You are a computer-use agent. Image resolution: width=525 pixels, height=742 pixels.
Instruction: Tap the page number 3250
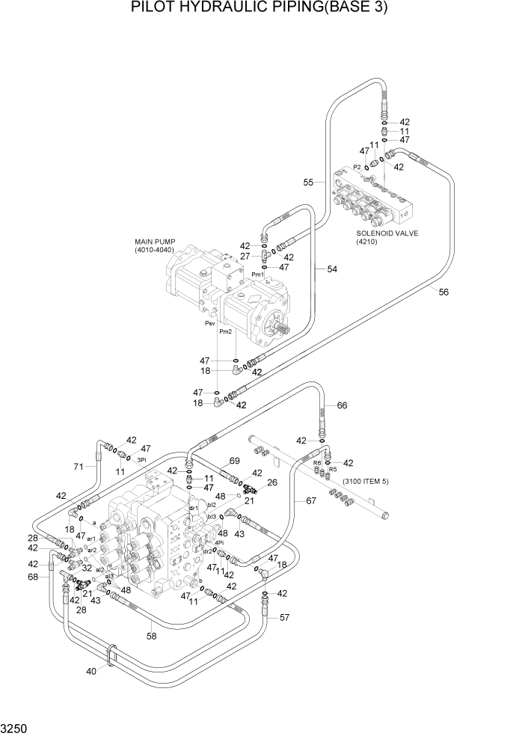(16, 726)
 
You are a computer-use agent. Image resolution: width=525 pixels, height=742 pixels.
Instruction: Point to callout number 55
(308, 182)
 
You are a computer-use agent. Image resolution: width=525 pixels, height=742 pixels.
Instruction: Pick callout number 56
(443, 292)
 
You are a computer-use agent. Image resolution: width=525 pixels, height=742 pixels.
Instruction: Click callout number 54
(332, 269)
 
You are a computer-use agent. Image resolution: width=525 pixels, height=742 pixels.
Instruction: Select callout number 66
(342, 405)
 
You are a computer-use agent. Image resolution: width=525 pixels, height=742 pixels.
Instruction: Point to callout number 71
(78, 467)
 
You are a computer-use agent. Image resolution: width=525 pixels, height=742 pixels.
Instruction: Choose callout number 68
(32, 577)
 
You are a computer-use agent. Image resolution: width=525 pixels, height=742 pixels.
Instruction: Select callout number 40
(91, 671)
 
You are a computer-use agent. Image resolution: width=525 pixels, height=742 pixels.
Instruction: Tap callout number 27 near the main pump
(245, 256)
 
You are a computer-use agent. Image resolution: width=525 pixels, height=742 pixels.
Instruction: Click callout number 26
(271, 482)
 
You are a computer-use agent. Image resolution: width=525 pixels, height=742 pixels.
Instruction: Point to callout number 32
(87, 568)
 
